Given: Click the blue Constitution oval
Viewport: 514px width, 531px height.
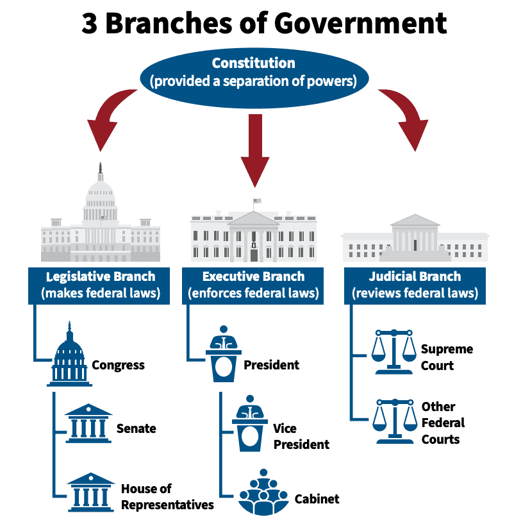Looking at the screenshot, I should pyautogui.click(x=257, y=72).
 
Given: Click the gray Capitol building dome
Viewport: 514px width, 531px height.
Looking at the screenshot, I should pyautogui.click(x=99, y=192).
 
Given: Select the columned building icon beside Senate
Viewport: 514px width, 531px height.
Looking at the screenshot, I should pyautogui.click(x=89, y=423).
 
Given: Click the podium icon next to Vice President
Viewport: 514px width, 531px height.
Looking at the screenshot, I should pyautogui.click(x=250, y=425).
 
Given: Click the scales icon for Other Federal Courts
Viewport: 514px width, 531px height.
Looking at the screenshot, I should pyautogui.click(x=395, y=421).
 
